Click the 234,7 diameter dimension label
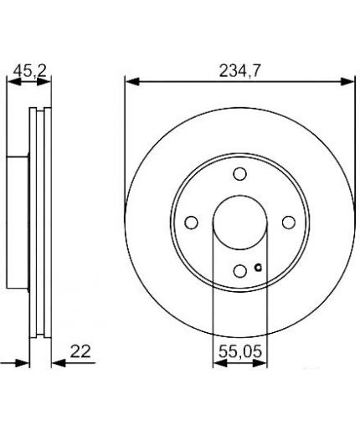(x=239, y=71)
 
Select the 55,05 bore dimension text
(x=240, y=351)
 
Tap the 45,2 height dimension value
(x=30, y=71)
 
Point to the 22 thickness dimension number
(x=80, y=351)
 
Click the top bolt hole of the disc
(x=239, y=174)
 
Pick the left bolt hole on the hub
(x=192, y=223)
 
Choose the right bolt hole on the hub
(x=289, y=223)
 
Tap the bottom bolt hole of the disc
(x=239, y=271)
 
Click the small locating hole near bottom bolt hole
(x=258, y=268)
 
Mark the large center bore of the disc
(x=240, y=223)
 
